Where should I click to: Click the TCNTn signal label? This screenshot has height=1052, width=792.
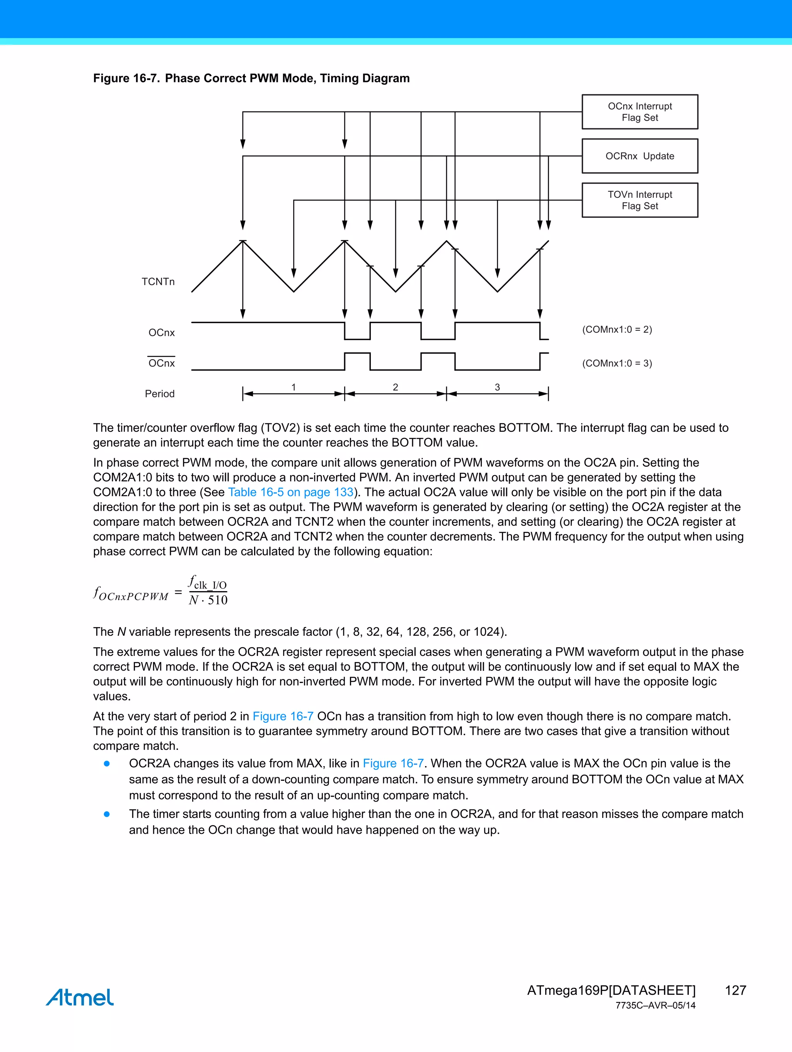tap(158, 282)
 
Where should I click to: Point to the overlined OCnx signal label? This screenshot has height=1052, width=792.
tap(162, 363)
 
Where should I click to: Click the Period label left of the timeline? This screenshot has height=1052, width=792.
tap(160, 394)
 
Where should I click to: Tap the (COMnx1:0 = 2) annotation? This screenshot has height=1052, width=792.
tap(617, 329)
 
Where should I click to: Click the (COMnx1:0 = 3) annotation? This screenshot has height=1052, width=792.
tap(617, 363)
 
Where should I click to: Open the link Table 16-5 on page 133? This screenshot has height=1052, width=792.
tap(290, 492)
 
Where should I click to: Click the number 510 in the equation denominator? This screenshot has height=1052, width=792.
tap(218, 600)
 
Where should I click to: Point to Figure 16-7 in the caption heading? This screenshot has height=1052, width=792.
tap(126, 79)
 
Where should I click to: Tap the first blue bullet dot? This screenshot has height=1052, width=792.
tap(107, 764)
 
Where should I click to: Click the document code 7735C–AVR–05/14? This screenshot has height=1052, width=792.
tap(655, 1006)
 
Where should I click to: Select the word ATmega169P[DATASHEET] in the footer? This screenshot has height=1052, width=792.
tap(611, 990)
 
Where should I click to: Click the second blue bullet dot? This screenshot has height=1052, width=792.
tap(107, 814)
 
